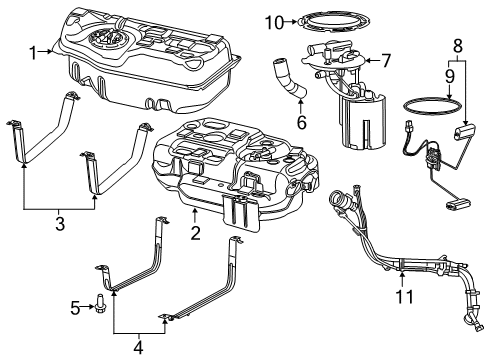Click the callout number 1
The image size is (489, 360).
[x=33, y=53]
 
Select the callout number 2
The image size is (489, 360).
[x=195, y=233]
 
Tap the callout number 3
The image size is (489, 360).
[x=60, y=224]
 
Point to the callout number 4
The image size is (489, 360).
[x=138, y=348]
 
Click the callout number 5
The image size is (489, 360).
[x=75, y=308]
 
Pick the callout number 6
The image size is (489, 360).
[x=301, y=123]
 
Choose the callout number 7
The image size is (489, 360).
[x=386, y=61]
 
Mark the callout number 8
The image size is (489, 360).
[x=458, y=46]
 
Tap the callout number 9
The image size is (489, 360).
[x=450, y=77]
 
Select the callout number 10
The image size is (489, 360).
[x=274, y=23]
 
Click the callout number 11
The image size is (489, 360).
[x=404, y=296]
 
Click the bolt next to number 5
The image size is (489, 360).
[x=99, y=303]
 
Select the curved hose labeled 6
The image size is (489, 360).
[x=290, y=79]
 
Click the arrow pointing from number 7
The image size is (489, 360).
[x=372, y=61]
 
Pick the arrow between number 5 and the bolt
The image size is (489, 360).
[x=88, y=307]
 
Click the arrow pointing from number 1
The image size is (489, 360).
[x=45, y=51]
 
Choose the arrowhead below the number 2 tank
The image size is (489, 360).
[x=195, y=210]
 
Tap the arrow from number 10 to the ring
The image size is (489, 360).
[x=291, y=22]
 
